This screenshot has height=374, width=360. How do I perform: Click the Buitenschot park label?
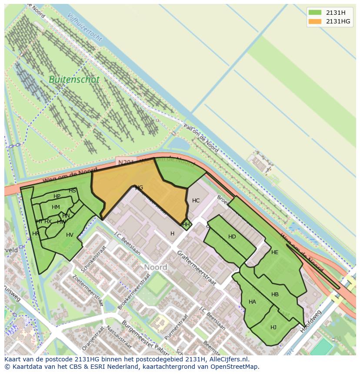[74, 80]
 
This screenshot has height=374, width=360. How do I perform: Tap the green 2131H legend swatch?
[315, 12]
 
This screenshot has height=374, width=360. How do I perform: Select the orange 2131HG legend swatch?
[315, 22]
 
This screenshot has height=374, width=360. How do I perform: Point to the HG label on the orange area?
[139, 188]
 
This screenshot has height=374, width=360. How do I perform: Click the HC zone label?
[196, 201]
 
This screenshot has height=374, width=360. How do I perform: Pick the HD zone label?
[232, 237]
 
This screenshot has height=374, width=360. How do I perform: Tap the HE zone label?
[274, 252]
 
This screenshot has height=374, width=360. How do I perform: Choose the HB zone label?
[275, 295]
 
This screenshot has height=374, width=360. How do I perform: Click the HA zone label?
[252, 302]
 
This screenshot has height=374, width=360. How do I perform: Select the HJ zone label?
[273, 328]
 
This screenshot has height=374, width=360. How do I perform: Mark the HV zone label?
[70, 235]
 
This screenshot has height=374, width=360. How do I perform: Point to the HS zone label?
[72, 191]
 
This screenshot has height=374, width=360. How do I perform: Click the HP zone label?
[57, 196]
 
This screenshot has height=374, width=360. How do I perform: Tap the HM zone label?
[56, 207]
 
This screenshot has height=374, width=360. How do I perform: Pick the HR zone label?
[36, 234]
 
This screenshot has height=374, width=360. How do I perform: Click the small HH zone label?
[186, 225]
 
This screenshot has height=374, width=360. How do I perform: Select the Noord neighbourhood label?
[155, 267]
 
